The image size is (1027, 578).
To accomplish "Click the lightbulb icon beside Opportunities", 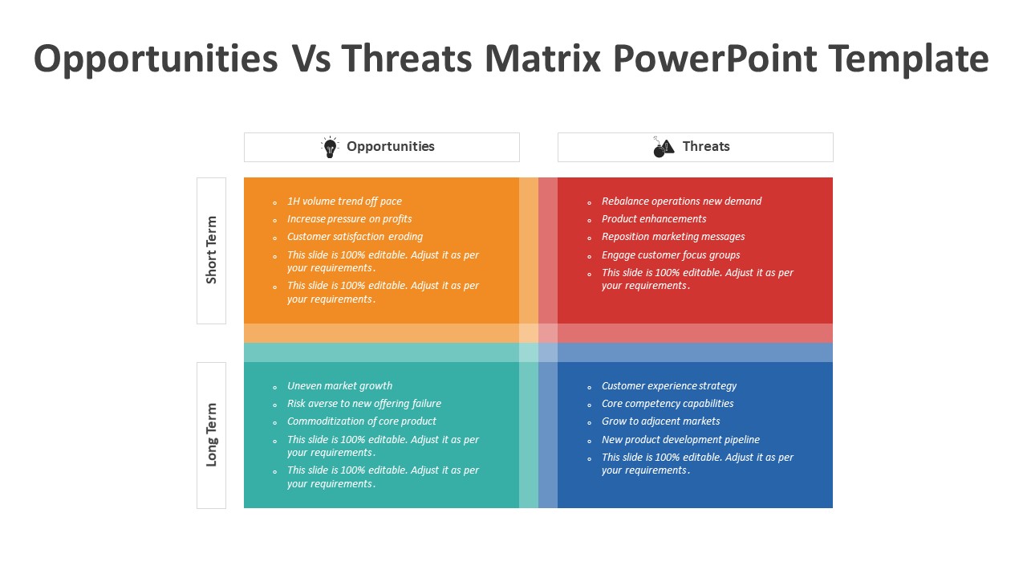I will point(330,147).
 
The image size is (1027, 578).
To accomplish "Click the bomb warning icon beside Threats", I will point(664,147).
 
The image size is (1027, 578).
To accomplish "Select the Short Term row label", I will point(211,250).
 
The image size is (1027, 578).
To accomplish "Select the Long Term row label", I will point(211,434).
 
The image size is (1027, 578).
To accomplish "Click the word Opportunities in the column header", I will point(390,146).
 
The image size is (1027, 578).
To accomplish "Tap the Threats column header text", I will point(705,146).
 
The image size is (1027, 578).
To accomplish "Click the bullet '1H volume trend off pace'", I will point(344,201).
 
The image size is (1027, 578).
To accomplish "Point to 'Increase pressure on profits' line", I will point(349,219).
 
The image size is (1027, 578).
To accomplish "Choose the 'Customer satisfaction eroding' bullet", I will point(355,237).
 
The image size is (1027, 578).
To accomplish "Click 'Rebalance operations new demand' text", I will point(681,201).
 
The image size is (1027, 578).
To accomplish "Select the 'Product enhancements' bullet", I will point(654,219).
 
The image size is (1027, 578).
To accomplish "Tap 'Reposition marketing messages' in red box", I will point(673,237).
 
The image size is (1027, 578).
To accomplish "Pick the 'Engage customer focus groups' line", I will point(671,255).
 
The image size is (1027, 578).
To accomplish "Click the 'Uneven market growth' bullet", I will point(339,386).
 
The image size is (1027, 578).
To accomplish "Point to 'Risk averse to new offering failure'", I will point(363,404).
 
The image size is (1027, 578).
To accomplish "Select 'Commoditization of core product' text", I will point(361,421).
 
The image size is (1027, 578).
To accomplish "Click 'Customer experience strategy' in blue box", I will point(668,386).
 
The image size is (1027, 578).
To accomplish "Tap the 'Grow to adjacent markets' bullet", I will point(660,421).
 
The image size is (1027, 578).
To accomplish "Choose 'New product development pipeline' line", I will point(680,440).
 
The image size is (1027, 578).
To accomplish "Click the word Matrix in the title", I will point(542,59).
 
